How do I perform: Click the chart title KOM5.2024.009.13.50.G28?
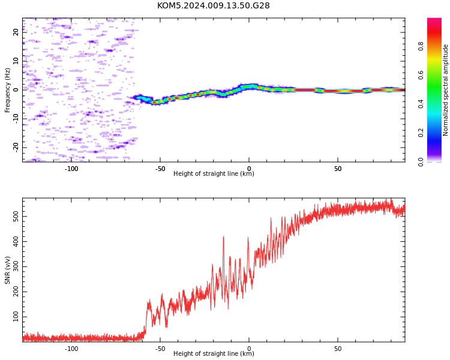point(214,5)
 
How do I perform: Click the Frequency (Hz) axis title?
point(7,90)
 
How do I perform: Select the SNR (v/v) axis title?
point(7,270)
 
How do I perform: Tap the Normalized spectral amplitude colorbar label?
point(445,90)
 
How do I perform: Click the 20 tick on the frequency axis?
point(16,32)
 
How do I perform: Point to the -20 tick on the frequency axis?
point(16,148)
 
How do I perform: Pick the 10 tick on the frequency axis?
point(16,61)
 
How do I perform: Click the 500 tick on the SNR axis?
point(16,216)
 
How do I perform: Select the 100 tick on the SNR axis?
point(16,317)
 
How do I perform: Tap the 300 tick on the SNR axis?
point(16,266)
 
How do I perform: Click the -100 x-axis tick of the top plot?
point(71,169)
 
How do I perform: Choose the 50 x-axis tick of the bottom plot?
point(338,349)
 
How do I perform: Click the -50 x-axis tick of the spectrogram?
point(160,169)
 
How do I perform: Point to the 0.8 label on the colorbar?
point(421,46)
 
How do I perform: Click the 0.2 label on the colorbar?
point(421,133)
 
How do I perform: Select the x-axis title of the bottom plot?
point(214,353)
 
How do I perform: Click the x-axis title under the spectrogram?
point(214,173)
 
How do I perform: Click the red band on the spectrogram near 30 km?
point(305,90)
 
